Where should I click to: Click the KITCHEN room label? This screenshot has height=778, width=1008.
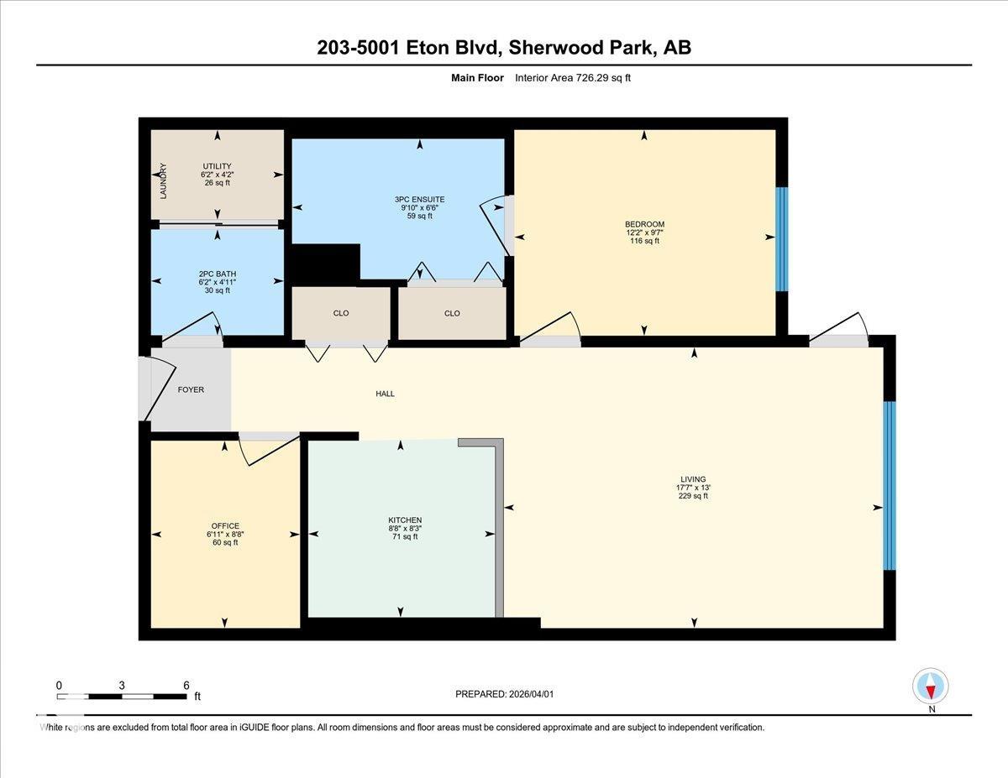[x=405, y=520]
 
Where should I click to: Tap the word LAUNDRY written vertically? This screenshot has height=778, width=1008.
[x=163, y=181]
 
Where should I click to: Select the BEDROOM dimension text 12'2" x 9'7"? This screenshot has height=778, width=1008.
[x=644, y=232]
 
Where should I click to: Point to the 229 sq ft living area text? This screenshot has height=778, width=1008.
[x=693, y=496]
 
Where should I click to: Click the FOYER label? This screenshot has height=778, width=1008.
[x=191, y=389]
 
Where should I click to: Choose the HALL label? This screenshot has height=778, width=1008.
[x=385, y=394]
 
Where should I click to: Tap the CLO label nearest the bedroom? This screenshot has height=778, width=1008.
[x=452, y=313]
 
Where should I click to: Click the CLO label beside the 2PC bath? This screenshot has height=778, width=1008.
[x=341, y=313]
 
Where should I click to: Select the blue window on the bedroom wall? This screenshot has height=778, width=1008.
[x=782, y=239]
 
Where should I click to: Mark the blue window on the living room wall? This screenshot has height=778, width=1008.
[x=890, y=486]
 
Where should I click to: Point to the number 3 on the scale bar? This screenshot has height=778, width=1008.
[x=122, y=686]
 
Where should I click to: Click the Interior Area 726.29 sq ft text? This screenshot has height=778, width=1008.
[x=572, y=78]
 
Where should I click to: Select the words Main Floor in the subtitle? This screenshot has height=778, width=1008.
[x=477, y=78]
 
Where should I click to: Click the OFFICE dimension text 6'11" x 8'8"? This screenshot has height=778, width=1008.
[x=225, y=535]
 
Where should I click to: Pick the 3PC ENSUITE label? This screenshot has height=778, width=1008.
[x=419, y=199]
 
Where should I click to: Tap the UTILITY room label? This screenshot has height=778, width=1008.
[x=217, y=166]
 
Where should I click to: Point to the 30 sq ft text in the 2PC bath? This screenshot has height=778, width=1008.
[x=217, y=290]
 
